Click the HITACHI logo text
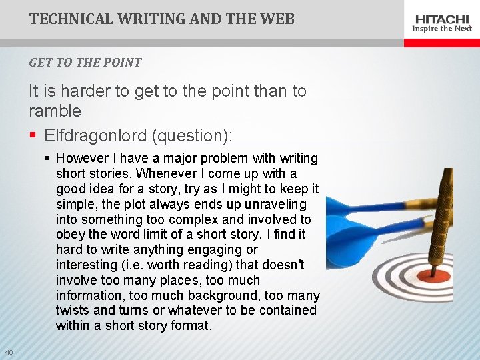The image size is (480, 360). click(x=442, y=19)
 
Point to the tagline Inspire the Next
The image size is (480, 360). click(x=442, y=29)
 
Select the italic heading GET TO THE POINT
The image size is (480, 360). click(x=85, y=63)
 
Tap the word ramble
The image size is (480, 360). click(x=55, y=111)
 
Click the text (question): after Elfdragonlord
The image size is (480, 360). click(x=192, y=136)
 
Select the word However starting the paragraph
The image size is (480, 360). click(x=82, y=159)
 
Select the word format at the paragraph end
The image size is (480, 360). click(x=190, y=326)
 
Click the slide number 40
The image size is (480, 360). click(x=9, y=352)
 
